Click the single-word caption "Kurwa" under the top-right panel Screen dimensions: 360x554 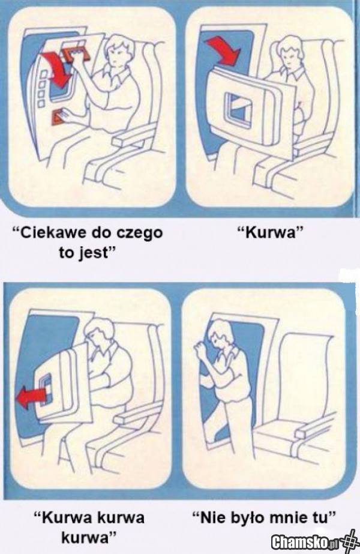click(x=270, y=233)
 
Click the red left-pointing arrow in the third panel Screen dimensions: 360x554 click(x=31, y=398)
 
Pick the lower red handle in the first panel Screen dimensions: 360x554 click(x=59, y=117)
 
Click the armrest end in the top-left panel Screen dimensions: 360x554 click(x=121, y=142)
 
